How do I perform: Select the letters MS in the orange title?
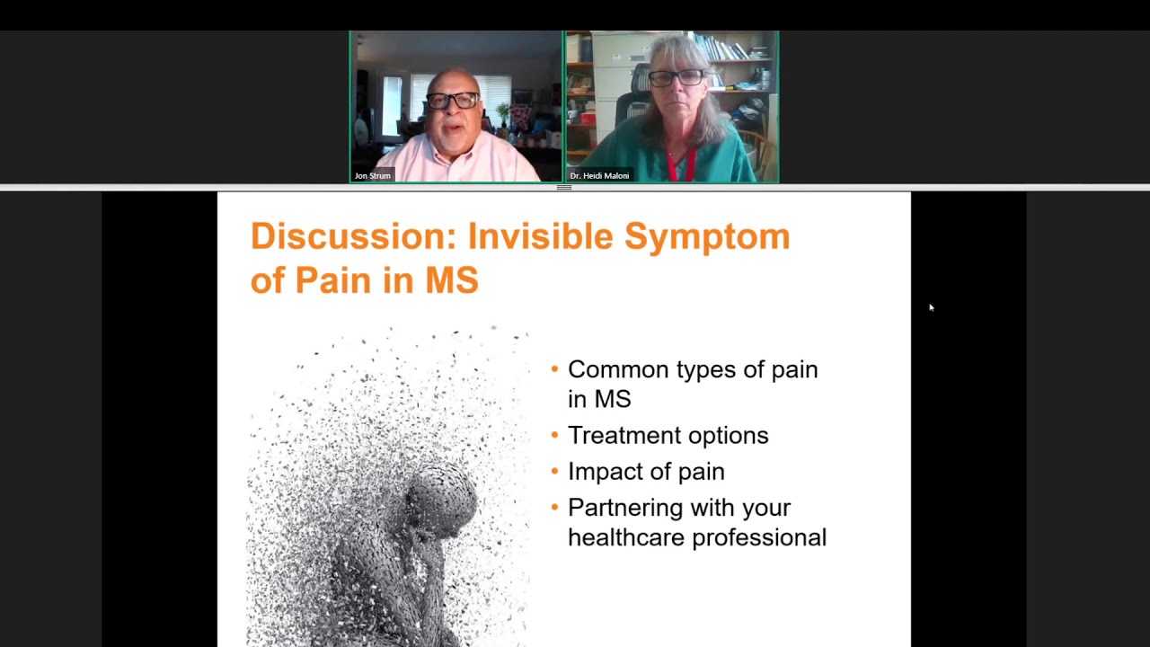[x=451, y=280]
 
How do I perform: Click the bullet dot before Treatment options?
[x=554, y=436]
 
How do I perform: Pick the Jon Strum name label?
[x=372, y=175]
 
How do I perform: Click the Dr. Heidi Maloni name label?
[x=599, y=175]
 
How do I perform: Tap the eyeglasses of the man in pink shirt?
[x=453, y=101]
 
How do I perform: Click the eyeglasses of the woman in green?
[x=677, y=78]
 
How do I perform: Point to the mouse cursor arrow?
[x=931, y=307]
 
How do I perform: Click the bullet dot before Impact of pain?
[x=554, y=472]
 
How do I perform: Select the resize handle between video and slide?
[x=564, y=187]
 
